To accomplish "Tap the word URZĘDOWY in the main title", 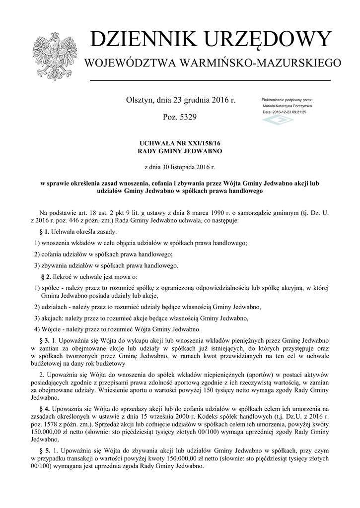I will (267, 40).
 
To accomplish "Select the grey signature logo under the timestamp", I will (278, 121).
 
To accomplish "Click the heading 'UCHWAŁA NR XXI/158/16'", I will (180, 143).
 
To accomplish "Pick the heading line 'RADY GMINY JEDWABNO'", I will (180, 150).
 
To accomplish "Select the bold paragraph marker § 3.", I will (44, 341).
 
